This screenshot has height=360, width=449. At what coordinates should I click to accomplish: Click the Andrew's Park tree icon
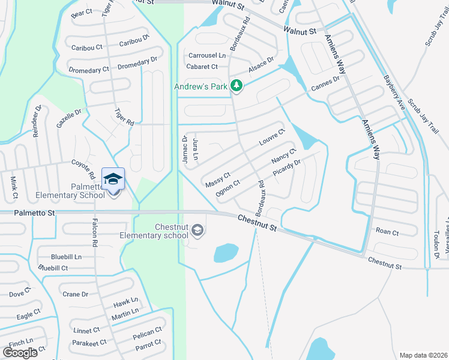(237, 86)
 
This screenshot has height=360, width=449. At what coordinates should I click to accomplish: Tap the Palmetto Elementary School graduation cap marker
(113, 179)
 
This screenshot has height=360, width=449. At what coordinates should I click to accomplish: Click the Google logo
(20, 352)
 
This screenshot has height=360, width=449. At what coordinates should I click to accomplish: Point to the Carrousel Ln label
(207, 55)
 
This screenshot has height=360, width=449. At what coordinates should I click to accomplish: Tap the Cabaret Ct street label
(202, 67)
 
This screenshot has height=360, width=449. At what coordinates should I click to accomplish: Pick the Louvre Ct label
(271, 137)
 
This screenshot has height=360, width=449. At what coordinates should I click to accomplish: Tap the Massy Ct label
(217, 179)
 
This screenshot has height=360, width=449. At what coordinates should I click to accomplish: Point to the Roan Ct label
(387, 231)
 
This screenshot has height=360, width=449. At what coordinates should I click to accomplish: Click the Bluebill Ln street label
(66, 256)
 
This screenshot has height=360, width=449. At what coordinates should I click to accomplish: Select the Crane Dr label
(75, 294)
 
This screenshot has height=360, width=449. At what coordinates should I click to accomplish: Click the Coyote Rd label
(83, 167)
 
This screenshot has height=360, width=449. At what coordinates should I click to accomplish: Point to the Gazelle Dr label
(69, 115)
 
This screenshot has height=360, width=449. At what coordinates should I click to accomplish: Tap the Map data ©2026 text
(423, 355)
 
